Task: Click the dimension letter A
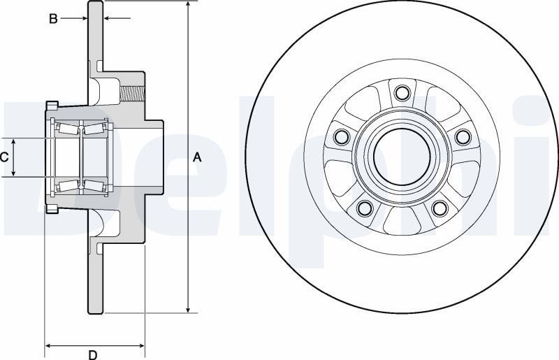tap(197, 157)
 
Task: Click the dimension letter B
tap(53, 19)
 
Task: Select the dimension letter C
tap(4, 157)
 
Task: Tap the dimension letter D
tap(93, 354)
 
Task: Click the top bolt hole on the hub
tap(402, 93)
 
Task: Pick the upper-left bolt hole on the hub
tap(342, 136)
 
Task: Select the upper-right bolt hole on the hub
tap(463, 136)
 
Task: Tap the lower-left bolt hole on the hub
tap(364, 208)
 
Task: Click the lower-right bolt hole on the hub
tap(440, 208)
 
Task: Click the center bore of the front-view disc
tap(402, 157)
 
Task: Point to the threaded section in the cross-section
tap(132, 93)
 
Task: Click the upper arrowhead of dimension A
tap(188, 4)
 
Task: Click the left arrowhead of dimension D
tap(48, 345)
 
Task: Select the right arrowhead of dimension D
tap(141, 345)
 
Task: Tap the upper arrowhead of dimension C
tap(13, 142)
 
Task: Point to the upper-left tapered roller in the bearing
tap(68, 129)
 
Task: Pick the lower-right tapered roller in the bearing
tap(94, 185)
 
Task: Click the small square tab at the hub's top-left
tap(52, 105)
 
